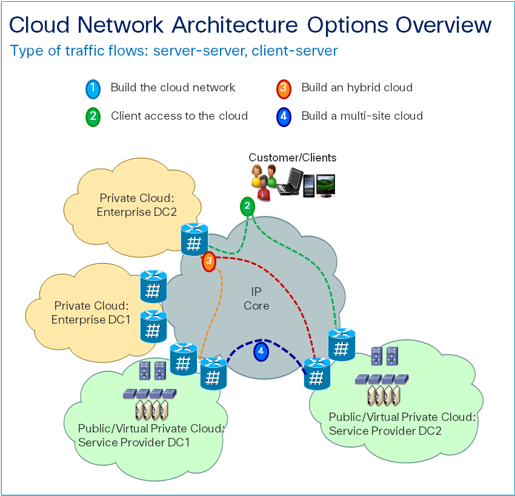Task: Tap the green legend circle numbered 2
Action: pyautogui.click(x=93, y=117)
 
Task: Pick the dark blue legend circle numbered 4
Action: pyautogui.click(x=284, y=117)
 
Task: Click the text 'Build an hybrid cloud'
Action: pyautogui.click(x=356, y=88)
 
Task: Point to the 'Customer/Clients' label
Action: pyautogui.click(x=293, y=158)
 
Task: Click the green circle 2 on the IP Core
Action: pyautogui.click(x=247, y=207)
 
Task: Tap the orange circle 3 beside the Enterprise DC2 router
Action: pyautogui.click(x=209, y=262)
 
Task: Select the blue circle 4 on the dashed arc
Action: pyautogui.click(x=261, y=351)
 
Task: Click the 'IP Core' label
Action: pyautogui.click(x=256, y=299)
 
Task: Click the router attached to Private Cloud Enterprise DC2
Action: pyautogui.click(x=194, y=240)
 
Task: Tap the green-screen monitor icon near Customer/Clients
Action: pyautogui.click(x=325, y=185)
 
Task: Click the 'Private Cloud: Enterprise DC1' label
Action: pyautogui.click(x=92, y=313)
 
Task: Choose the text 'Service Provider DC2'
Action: pyautogui.click(x=385, y=431)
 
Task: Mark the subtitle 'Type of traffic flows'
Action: pyautogui.click(x=79, y=50)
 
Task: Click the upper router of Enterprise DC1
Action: pyautogui.click(x=153, y=287)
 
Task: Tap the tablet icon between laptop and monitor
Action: pyautogui.click(x=308, y=185)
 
